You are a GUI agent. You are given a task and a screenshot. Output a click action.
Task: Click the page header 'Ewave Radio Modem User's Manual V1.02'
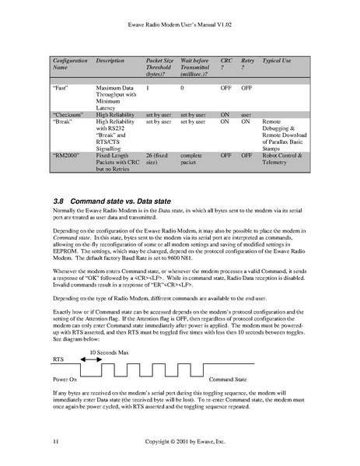(180, 31)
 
